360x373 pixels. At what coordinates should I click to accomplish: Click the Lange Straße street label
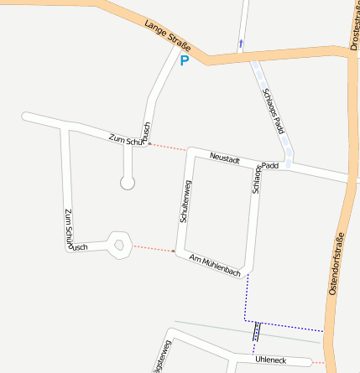168,35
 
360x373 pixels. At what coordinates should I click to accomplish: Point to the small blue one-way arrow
241,42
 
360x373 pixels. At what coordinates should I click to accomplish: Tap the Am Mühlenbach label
216,266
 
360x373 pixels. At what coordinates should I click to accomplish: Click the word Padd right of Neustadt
270,166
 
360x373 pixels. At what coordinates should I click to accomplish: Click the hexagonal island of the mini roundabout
120,246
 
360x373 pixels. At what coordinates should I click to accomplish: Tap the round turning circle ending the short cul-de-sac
128,182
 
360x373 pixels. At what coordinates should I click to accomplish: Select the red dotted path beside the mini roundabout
153,248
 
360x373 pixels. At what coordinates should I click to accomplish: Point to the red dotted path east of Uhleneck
316,363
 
